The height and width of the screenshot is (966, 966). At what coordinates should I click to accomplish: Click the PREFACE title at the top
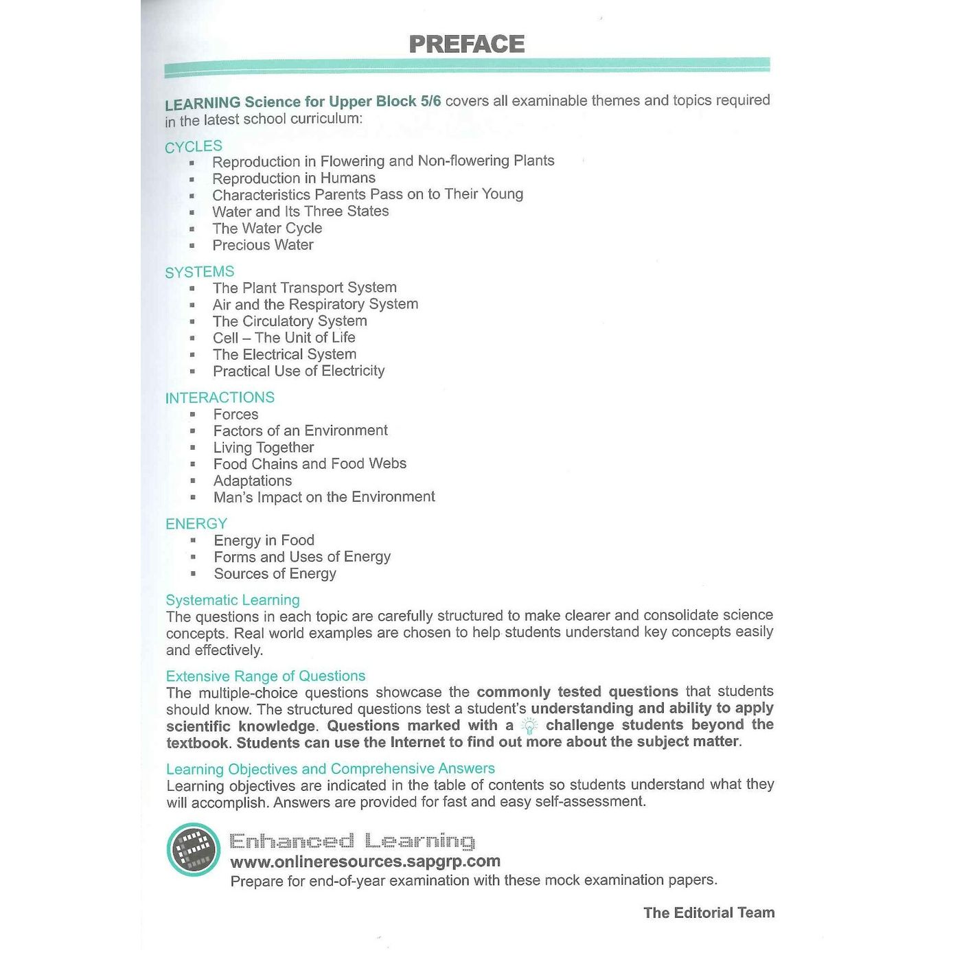click(467, 45)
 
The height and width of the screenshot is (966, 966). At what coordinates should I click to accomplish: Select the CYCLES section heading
click(194, 146)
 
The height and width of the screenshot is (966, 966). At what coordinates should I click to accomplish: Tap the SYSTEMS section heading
click(200, 272)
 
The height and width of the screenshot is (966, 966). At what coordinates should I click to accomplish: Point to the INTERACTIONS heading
click(220, 398)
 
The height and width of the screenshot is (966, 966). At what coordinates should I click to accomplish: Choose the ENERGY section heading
click(196, 524)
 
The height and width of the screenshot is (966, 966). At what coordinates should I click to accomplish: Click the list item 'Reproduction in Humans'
click(294, 178)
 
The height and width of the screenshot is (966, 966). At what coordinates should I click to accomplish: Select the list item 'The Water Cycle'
click(267, 228)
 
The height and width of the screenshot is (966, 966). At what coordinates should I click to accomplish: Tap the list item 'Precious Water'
click(263, 245)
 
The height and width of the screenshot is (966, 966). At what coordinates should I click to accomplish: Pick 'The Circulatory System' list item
click(290, 321)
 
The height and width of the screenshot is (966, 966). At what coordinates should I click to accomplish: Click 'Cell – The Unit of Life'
click(284, 338)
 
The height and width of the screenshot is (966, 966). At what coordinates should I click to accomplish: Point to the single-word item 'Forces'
click(236, 414)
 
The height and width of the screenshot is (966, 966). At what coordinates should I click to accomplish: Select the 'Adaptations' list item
click(253, 481)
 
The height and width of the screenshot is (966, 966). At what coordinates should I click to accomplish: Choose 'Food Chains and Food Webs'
click(310, 464)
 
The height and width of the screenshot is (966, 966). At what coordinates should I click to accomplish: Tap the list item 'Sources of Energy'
click(275, 573)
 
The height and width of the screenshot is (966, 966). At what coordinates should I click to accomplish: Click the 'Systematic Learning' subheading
click(233, 600)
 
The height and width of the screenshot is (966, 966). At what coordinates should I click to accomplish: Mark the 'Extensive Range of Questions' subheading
click(266, 676)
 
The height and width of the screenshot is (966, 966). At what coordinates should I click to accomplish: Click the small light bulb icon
click(529, 726)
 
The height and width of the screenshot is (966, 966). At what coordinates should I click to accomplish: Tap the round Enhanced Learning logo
click(194, 849)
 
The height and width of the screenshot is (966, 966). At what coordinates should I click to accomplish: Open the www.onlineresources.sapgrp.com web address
click(365, 862)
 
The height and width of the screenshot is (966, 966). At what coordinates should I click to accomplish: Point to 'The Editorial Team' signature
click(709, 912)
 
